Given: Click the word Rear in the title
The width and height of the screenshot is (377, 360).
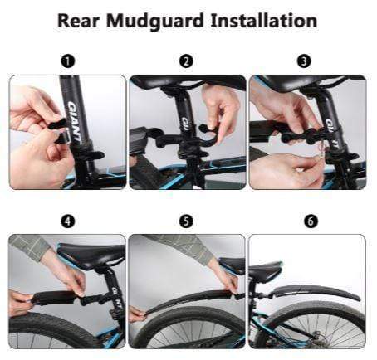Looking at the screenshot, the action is (x=78, y=21).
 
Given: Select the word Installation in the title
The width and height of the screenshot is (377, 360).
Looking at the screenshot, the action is (x=264, y=21).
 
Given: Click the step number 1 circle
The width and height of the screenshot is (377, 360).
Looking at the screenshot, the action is (x=68, y=61).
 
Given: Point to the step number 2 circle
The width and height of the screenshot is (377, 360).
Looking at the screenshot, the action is (x=186, y=61).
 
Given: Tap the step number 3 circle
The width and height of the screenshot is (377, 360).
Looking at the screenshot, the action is (x=304, y=61).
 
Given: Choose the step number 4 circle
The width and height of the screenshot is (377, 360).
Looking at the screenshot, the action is (x=68, y=221).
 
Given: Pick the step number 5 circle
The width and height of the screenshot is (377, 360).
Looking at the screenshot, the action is (x=186, y=221).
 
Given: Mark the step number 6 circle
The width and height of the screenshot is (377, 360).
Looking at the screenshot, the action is (x=311, y=221).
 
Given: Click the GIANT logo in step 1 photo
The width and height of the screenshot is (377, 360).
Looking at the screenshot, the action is (x=75, y=122).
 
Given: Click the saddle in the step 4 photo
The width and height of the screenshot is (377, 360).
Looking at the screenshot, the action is (x=91, y=255).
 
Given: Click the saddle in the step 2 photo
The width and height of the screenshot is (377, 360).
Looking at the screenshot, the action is (x=188, y=82).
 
